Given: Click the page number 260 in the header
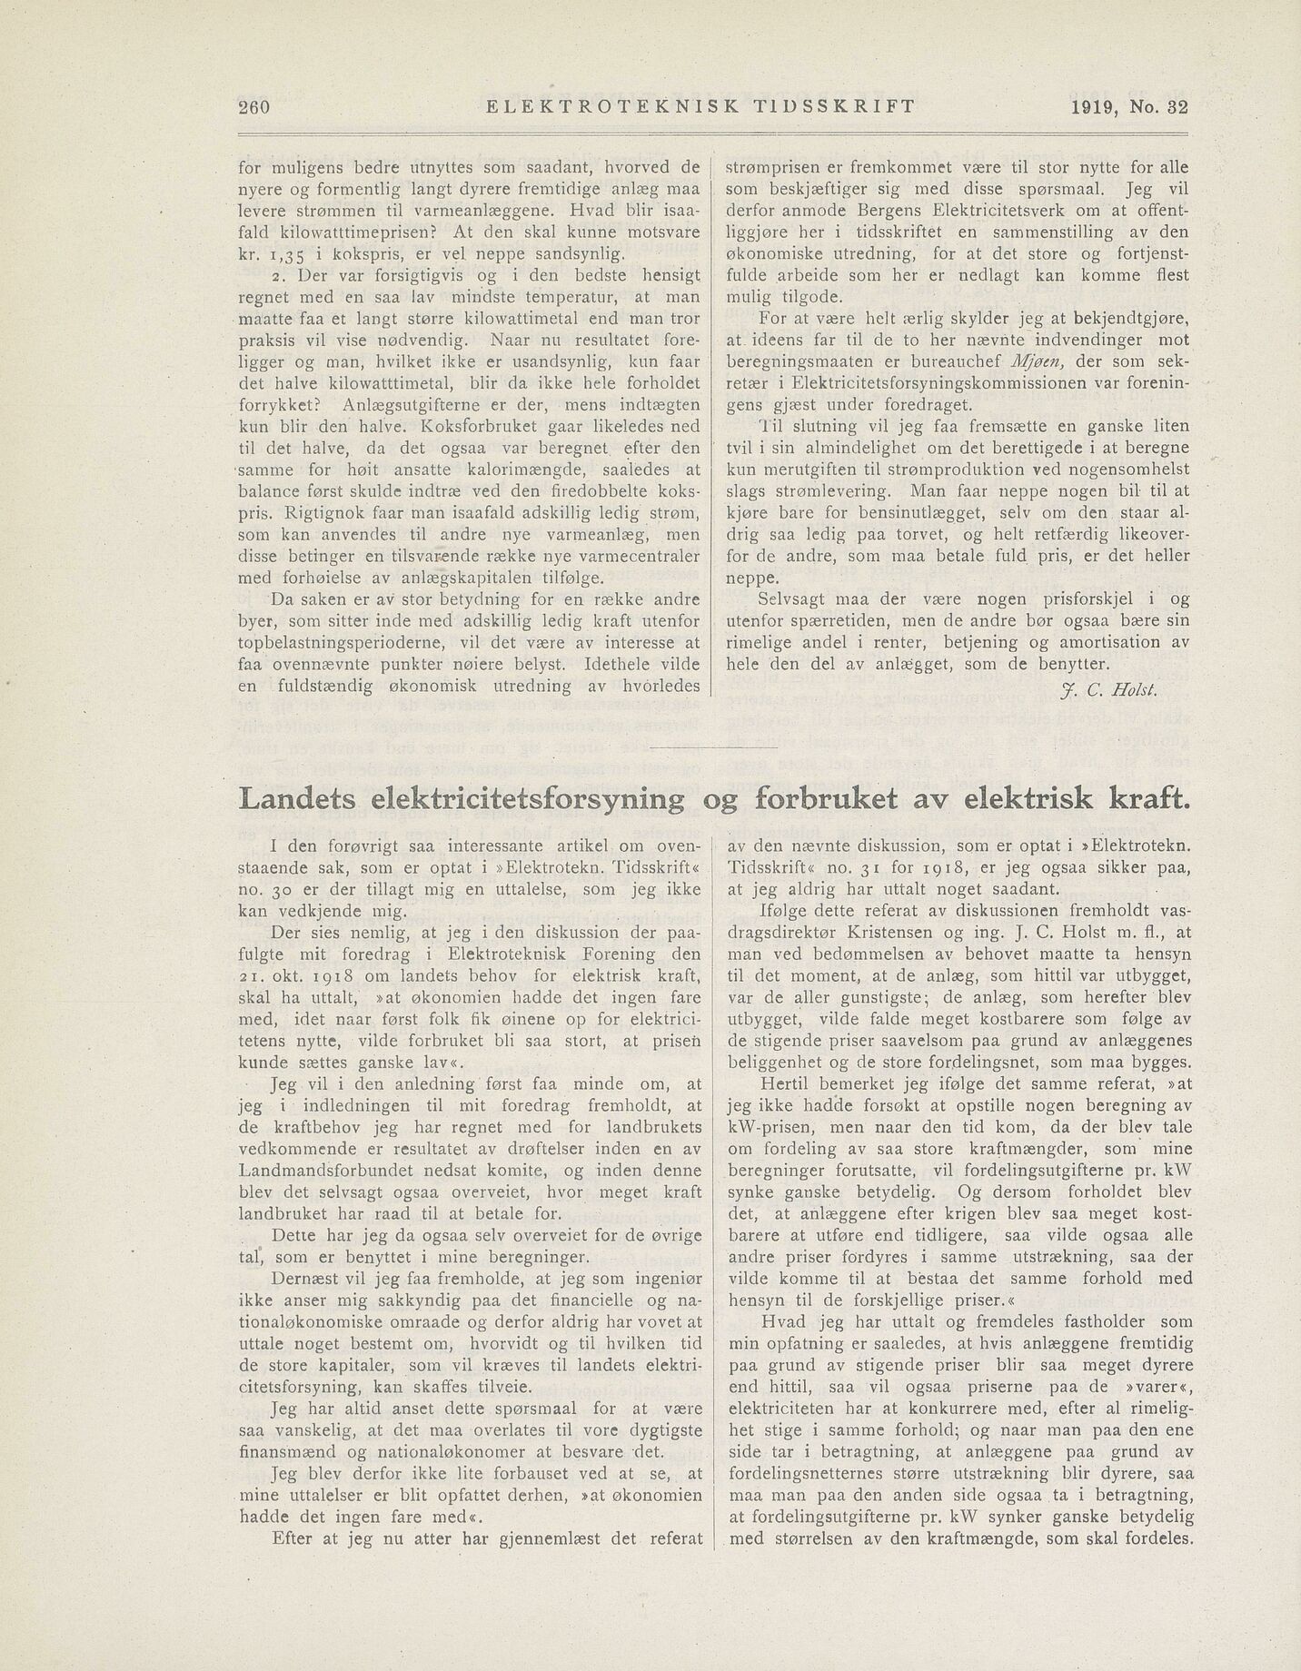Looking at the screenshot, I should click(x=254, y=106).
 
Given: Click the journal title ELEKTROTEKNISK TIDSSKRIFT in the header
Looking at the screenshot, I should click(x=700, y=106).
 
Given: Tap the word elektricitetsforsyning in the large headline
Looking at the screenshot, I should click(x=530, y=798).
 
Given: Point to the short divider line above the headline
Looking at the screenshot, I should click(x=714, y=747).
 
